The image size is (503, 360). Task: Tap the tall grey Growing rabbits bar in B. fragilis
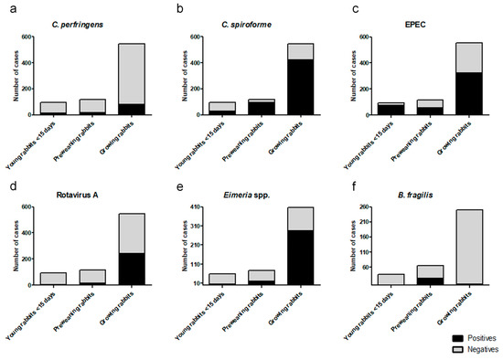pos(467,247)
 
